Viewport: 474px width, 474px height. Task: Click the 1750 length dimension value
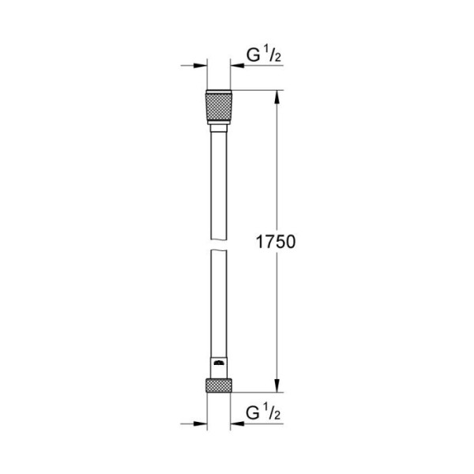pyautogui.click(x=274, y=242)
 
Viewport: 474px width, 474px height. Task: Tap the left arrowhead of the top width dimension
pyautogui.click(x=201, y=67)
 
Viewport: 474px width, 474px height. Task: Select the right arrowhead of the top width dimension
pyautogui.click(x=235, y=67)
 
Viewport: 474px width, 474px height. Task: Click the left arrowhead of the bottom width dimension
pyautogui.click(x=201, y=423)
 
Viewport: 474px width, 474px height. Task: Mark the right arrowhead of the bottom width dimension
pyautogui.click(x=235, y=423)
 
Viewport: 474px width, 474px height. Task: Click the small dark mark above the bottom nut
pyautogui.click(x=219, y=363)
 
